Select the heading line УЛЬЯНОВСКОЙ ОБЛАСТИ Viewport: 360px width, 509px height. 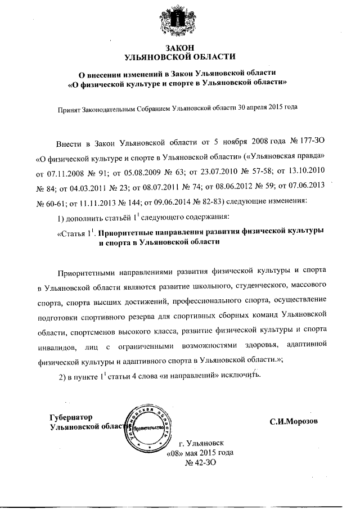tap(180, 57)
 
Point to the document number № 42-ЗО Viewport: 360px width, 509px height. tap(200, 462)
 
